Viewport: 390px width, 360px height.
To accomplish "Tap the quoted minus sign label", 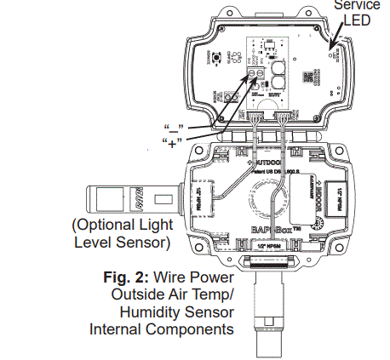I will [174, 129].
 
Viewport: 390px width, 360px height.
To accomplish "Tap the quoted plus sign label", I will [174, 142].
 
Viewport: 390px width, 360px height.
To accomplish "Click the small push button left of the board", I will [220, 59].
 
